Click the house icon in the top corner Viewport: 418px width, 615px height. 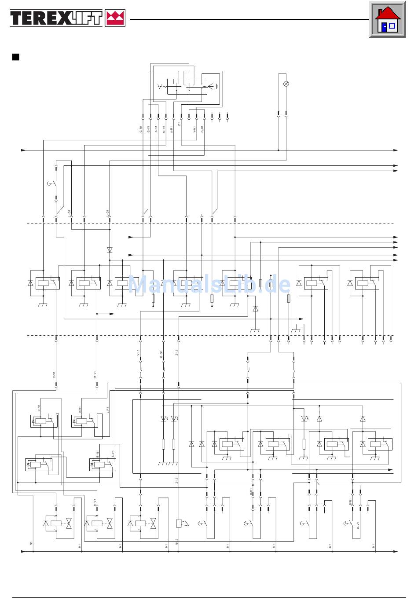[387, 20]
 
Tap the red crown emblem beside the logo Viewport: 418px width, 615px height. [115, 18]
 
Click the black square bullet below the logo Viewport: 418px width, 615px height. [16, 57]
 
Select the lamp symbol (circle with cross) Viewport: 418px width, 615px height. [286, 84]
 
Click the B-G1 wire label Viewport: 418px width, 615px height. [161, 354]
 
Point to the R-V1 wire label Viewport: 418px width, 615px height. [359, 526]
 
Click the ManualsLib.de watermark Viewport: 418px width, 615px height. [209, 285]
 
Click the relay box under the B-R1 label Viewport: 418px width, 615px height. [41, 421]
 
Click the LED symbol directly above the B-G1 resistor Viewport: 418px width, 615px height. [164, 418]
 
